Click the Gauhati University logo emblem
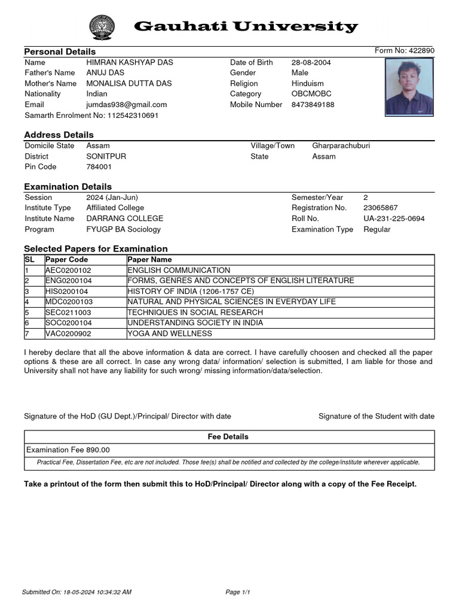point(100,27)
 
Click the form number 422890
point(422,50)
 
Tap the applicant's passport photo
point(409,87)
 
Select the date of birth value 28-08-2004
point(311,62)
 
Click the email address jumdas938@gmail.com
point(127,104)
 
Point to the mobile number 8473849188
point(313,104)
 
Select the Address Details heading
point(59,135)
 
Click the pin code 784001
point(99,166)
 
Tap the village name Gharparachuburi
point(341,145)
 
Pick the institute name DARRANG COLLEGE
point(124,219)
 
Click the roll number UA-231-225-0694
point(394,219)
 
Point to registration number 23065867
point(380,208)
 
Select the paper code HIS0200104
point(67,291)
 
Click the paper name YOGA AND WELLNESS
point(170,333)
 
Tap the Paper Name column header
point(149,259)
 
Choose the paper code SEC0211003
point(68,312)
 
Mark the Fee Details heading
point(228,437)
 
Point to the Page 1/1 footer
point(237,592)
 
